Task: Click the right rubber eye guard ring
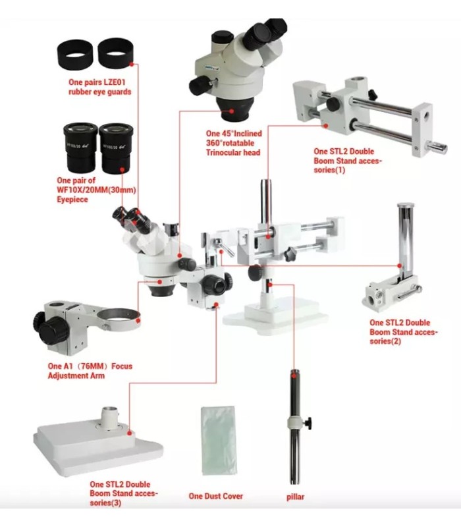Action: [115, 53]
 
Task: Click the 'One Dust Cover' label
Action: [215, 496]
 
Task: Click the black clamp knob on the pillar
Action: [308, 421]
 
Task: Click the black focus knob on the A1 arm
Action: [47, 325]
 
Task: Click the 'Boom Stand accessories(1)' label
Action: [348, 160]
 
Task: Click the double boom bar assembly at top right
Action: [362, 115]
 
